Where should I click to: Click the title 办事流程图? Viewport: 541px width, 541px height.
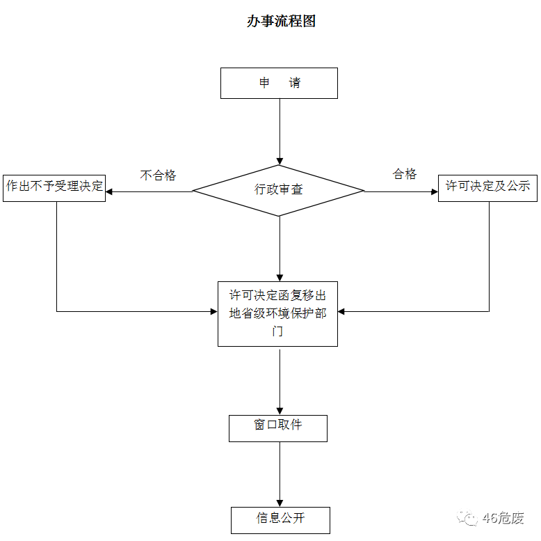pos(281,22)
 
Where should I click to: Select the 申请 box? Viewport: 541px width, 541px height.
pos(279,83)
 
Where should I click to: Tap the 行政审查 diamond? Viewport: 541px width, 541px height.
pos(278,189)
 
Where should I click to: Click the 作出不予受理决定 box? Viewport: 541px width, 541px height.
pos(54,187)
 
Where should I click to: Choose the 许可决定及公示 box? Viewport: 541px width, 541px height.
pos(487,187)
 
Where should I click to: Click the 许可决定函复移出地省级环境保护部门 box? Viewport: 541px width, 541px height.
pos(277,313)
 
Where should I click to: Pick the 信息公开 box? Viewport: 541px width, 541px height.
pos(280,519)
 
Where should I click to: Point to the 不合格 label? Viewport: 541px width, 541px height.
pos(159,175)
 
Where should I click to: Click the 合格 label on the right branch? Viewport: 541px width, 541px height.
pos(405,174)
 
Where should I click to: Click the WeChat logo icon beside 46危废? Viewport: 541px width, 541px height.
pos(467,518)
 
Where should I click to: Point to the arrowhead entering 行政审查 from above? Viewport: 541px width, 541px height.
pos(280,161)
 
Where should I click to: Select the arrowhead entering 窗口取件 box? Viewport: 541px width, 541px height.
pos(280,411)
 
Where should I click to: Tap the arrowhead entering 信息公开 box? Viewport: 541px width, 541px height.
pos(280,503)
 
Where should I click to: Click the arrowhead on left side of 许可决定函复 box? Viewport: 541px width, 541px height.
pos(213,311)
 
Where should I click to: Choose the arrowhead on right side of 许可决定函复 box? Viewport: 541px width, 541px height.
pos(342,311)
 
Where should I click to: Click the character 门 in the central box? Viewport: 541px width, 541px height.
pos(277,331)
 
